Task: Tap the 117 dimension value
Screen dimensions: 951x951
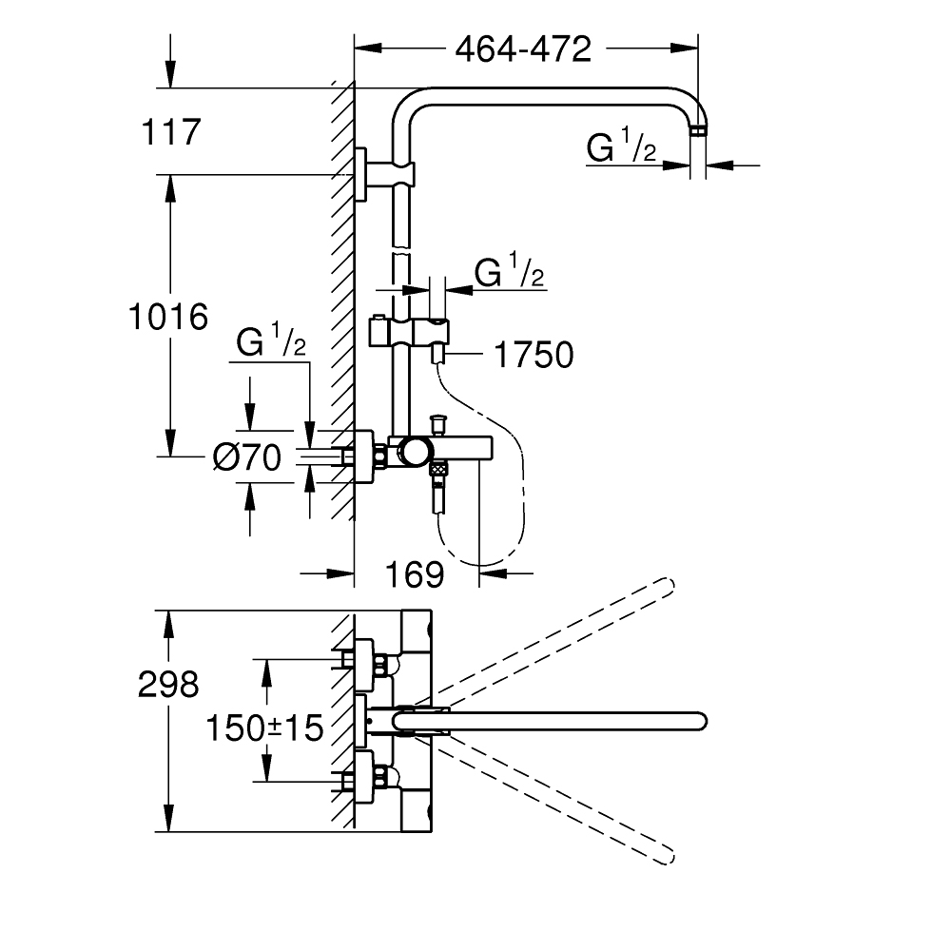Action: click(172, 131)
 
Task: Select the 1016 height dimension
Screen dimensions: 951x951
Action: click(168, 316)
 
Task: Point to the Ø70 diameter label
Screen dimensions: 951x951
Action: click(247, 458)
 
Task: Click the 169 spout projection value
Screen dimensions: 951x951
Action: click(416, 573)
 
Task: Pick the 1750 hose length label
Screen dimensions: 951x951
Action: click(533, 356)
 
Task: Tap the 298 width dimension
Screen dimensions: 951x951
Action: click(168, 684)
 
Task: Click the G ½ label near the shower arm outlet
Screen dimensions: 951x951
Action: click(621, 148)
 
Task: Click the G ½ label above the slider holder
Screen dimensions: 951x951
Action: click(509, 273)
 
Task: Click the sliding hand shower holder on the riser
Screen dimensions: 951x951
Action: click(411, 334)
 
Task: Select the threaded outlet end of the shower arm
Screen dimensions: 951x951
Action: click(699, 129)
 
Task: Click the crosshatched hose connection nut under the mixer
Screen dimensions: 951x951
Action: click(438, 468)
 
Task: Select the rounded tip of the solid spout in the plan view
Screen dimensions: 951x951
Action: click(700, 720)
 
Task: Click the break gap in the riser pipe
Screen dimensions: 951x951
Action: click(401, 252)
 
